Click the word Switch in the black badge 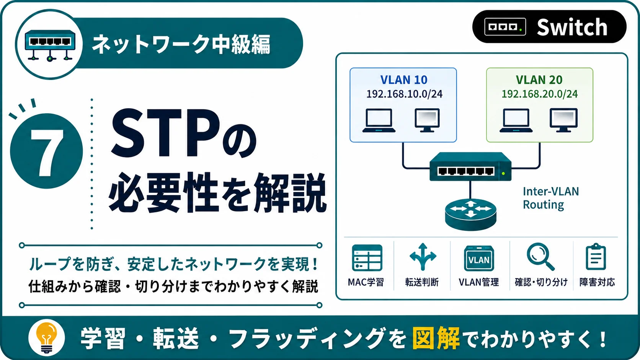pos(572,27)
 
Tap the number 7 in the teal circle pos(47,153)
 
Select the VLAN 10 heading pos(404,80)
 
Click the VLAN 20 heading pos(539,80)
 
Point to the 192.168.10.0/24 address pos(404,94)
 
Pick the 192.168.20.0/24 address pos(540,94)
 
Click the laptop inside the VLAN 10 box pos(379,121)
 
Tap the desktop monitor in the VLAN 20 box pos(564,120)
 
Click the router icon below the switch pos(470,214)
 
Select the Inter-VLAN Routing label pos(551,198)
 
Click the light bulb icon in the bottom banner pos(47,338)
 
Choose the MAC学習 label pos(366,282)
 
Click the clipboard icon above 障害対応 pos(596,257)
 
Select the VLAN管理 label pos(479,282)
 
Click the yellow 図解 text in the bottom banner pos(436,338)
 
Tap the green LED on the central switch pos(503,173)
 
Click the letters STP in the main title pos(166,133)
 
